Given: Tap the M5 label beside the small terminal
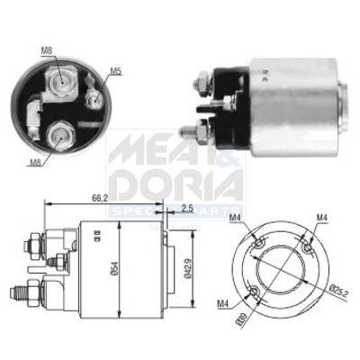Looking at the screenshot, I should [x=115, y=71].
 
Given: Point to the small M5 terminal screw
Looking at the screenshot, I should [x=93, y=93].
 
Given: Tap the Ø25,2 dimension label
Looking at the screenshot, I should [x=340, y=291].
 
